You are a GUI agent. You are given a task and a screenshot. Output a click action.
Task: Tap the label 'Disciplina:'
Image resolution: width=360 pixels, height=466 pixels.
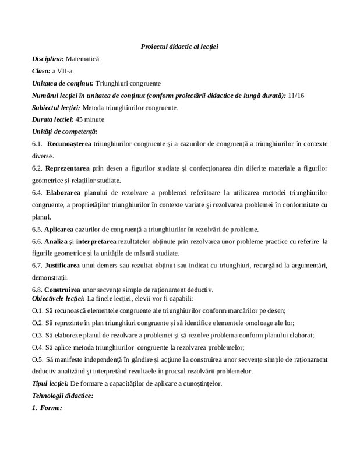point(48,59)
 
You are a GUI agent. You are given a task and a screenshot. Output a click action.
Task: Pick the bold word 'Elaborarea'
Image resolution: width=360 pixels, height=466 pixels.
point(64,193)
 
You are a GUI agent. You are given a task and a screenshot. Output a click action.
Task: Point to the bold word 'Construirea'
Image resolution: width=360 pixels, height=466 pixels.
point(65,290)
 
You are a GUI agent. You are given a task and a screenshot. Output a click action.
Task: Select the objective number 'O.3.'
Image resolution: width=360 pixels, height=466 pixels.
point(38,335)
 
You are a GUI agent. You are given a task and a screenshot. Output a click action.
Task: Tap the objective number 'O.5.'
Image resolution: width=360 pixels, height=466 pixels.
point(38,359)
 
